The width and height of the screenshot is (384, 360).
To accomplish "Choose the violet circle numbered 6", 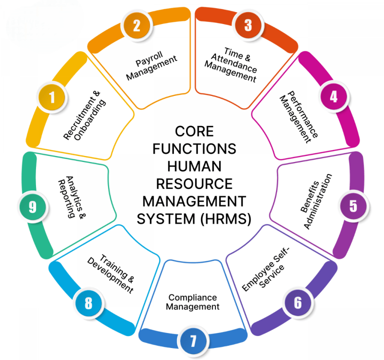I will click(297, 302).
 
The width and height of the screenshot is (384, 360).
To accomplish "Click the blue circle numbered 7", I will click(192, 341).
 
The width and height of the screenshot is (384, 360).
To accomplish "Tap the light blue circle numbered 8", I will click(88, 303).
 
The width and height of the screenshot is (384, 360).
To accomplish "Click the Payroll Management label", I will click(151, 68).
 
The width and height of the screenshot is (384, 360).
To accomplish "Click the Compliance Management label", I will click(192, 302).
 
